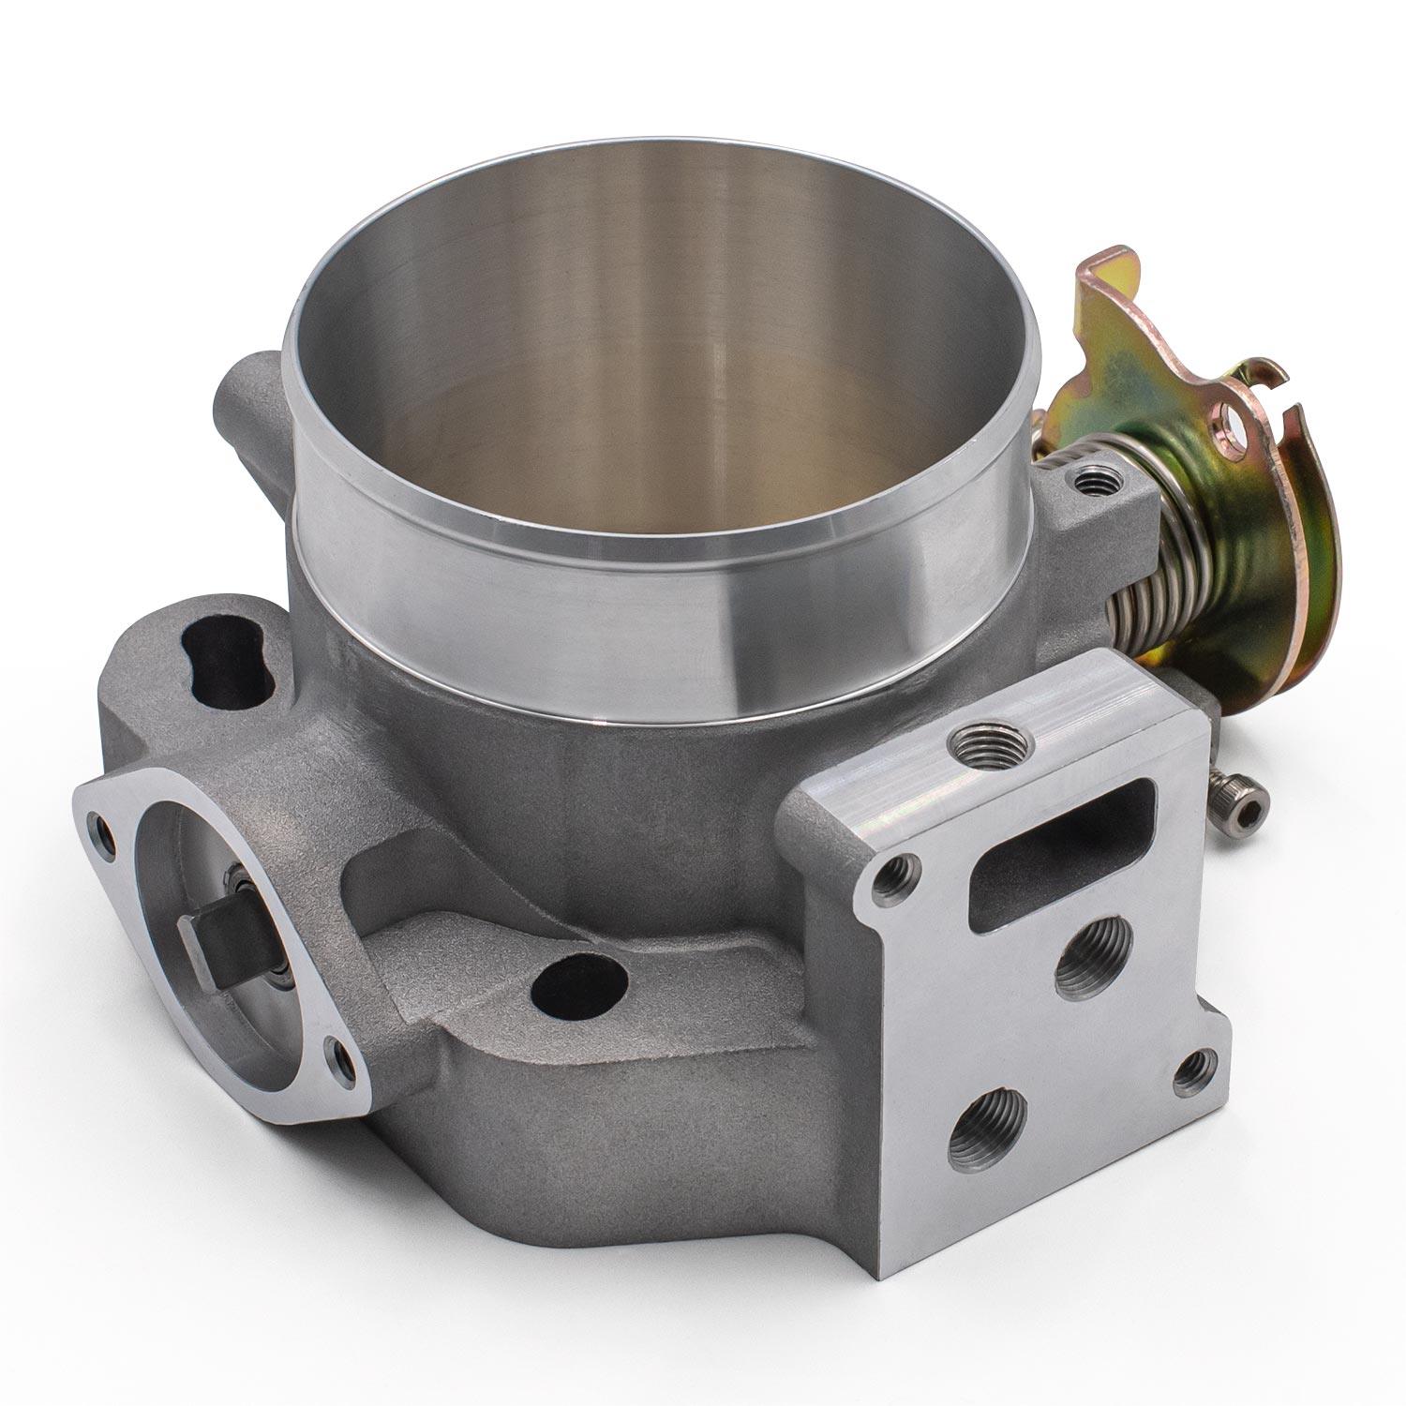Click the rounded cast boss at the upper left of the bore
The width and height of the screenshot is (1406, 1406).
pyautogui.click(x=246, y=394)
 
